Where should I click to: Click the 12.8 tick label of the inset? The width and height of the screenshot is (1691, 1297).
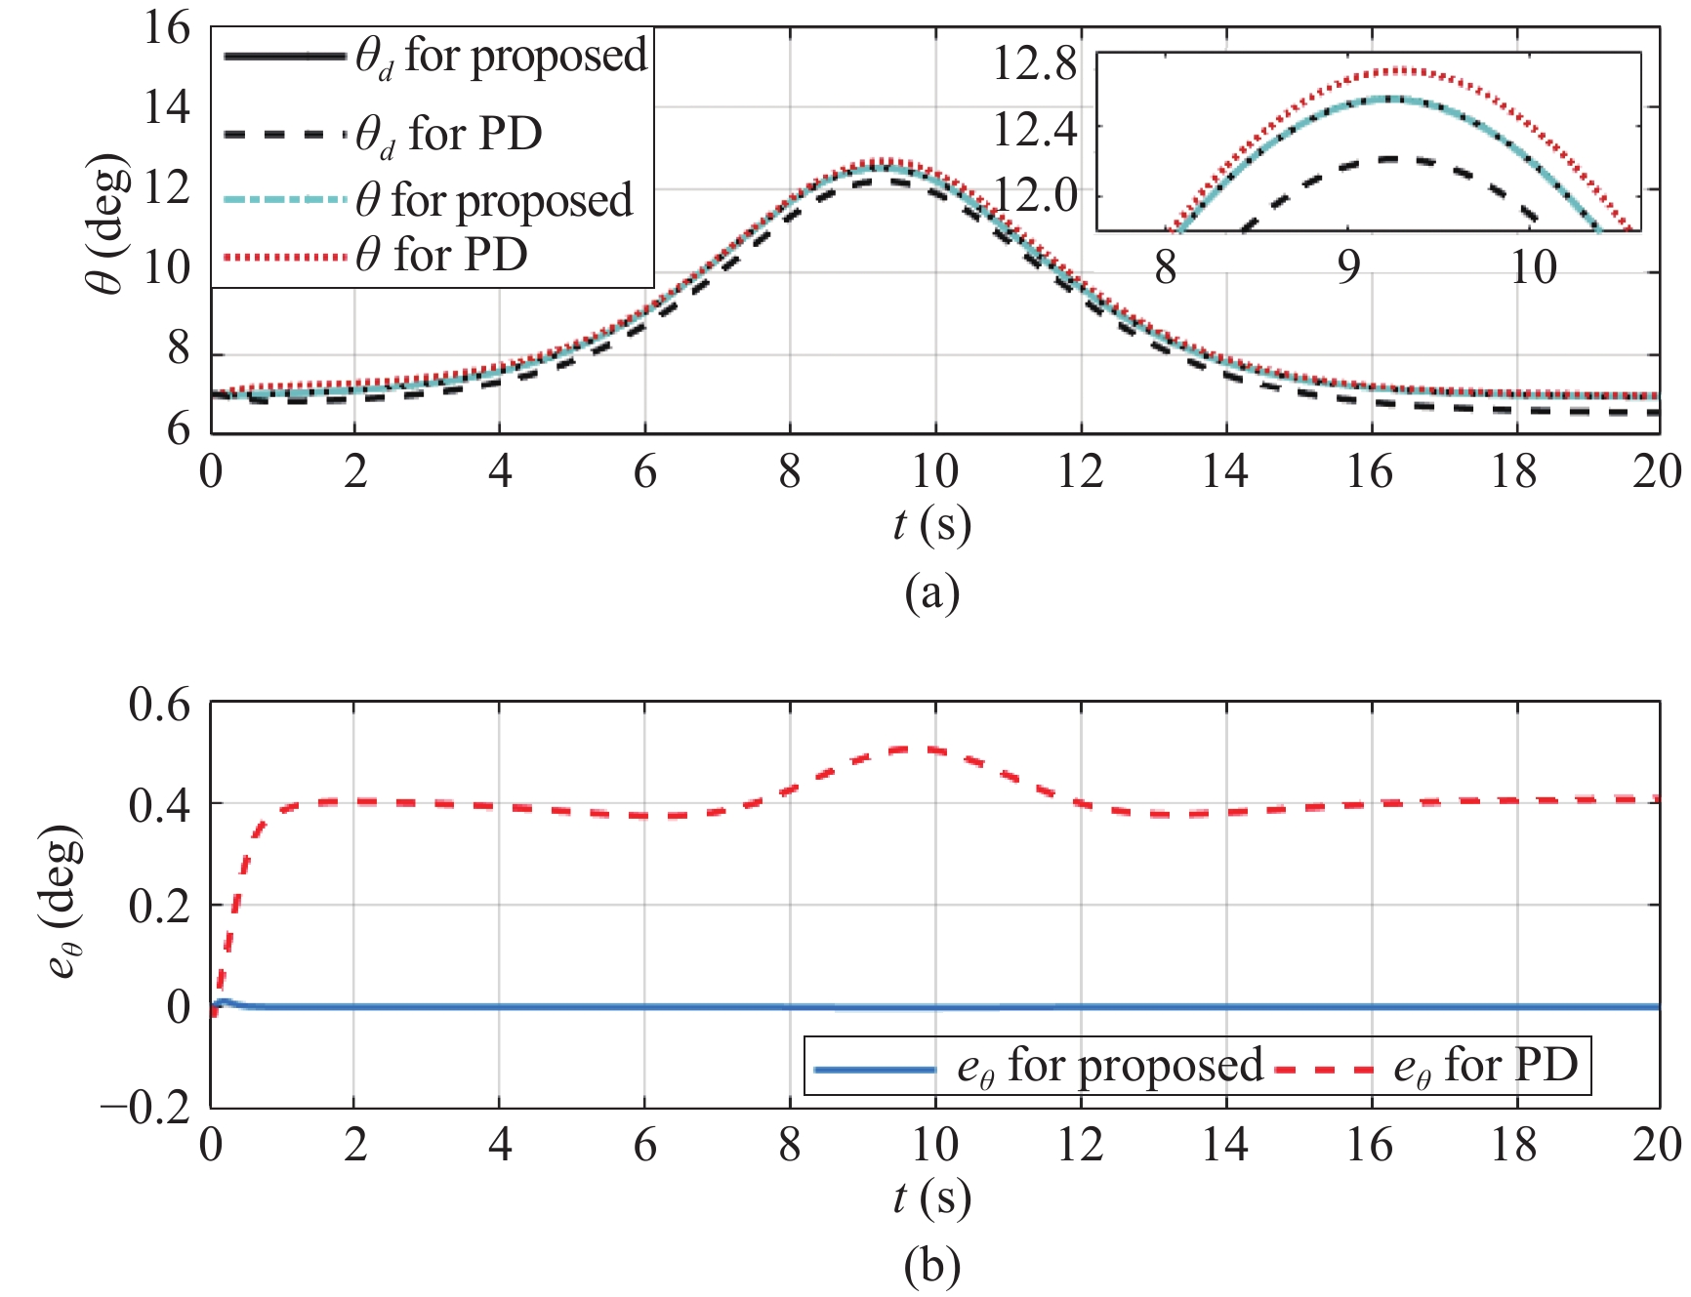tap(1035, 64)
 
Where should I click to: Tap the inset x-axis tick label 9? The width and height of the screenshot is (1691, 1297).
tap(1348, 266)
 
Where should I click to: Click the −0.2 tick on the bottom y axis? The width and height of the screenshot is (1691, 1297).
tap(146, 1109)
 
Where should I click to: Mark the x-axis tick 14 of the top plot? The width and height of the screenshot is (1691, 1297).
tap(1224, 472)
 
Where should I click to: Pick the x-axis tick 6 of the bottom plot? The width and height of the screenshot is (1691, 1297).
tap(644, 1145)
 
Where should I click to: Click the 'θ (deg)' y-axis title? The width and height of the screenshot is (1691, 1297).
tap(107, 224)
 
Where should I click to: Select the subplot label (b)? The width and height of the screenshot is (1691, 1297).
tap(932, 1267)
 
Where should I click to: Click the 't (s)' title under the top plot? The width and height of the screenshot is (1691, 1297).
tap(932, 525)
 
